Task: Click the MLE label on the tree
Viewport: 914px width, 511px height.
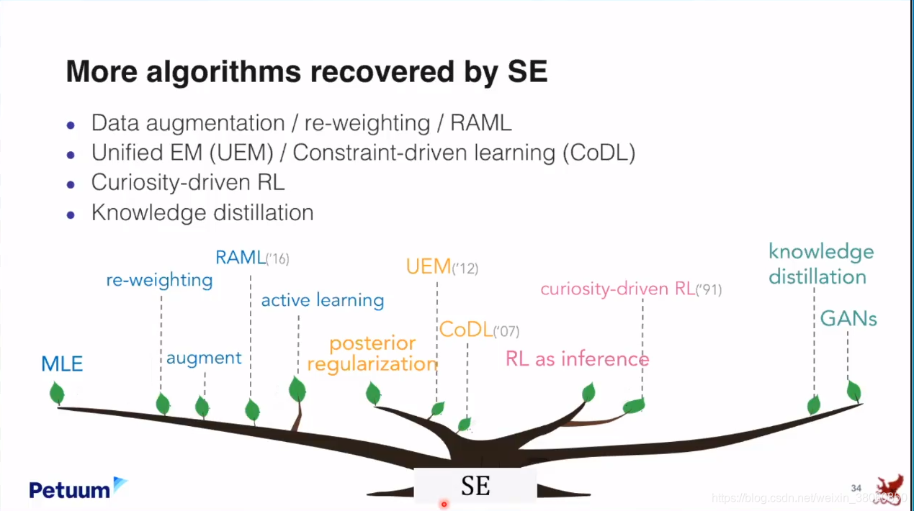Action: [x=62, y=363]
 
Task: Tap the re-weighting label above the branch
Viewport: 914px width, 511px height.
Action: [x=159, y=280]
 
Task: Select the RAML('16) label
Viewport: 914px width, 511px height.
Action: [x=252, y=258]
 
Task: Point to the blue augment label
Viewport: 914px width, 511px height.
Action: [x=204, y=358]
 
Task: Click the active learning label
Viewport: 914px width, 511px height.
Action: [x=322, y=300]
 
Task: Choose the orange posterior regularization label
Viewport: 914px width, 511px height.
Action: [x=372, y=353]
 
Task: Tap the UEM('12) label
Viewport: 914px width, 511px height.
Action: [x=442, y=267]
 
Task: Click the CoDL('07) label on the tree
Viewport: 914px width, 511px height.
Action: [x=479, y=330]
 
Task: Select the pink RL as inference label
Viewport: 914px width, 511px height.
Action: [x=577, y=358]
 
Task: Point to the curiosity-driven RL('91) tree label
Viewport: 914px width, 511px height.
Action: [x=630, y=289]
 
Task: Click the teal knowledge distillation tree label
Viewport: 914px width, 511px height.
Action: [x=820, y=264]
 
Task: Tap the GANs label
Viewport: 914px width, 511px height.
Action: [x=848, y=319]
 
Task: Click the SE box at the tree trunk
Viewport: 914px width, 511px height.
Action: [x=475, y=486]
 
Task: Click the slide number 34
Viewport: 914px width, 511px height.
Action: [x=856, y=489]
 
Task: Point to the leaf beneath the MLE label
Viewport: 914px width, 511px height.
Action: [x=56, y=393]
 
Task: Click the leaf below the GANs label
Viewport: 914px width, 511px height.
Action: [x=853, y=391]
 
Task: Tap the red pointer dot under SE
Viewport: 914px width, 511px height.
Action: [x=444, y=505]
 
